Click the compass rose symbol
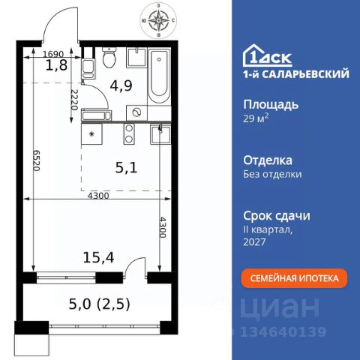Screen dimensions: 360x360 point(158,20)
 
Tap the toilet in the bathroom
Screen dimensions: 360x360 point(109,57)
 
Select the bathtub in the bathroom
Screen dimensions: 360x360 point(159,76)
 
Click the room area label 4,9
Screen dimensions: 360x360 point(121,85)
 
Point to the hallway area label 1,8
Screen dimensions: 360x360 point(56,65)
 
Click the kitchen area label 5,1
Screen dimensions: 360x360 point(127,168)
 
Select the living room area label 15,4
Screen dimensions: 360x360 point(98,257)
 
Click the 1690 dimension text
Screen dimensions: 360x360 point(53,54)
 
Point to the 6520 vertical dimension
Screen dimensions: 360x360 point(37,160)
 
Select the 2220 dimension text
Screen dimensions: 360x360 point(74,100)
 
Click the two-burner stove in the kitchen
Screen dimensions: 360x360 point(129,133)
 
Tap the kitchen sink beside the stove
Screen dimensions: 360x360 point(160,134)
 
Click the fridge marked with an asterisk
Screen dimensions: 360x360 point(91,133)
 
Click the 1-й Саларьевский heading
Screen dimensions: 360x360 point(296,74)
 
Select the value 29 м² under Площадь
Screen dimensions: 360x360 point(256,118)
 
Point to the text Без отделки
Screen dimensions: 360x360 point(272,174)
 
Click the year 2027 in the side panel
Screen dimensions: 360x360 point(254,241)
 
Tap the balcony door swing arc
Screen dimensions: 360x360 point(130,263)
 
